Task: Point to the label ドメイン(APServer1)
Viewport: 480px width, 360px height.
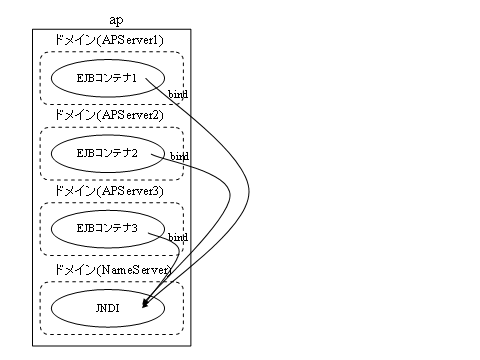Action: coord(111,39)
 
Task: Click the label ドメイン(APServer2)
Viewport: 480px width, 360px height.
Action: coord(111,114)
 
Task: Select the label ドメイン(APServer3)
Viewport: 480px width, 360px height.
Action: coord(111,189)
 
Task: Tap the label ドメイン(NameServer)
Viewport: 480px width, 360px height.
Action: coord(111,269)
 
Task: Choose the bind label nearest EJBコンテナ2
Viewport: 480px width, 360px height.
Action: coord(179,157)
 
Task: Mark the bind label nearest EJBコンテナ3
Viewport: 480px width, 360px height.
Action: coord(178,237)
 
